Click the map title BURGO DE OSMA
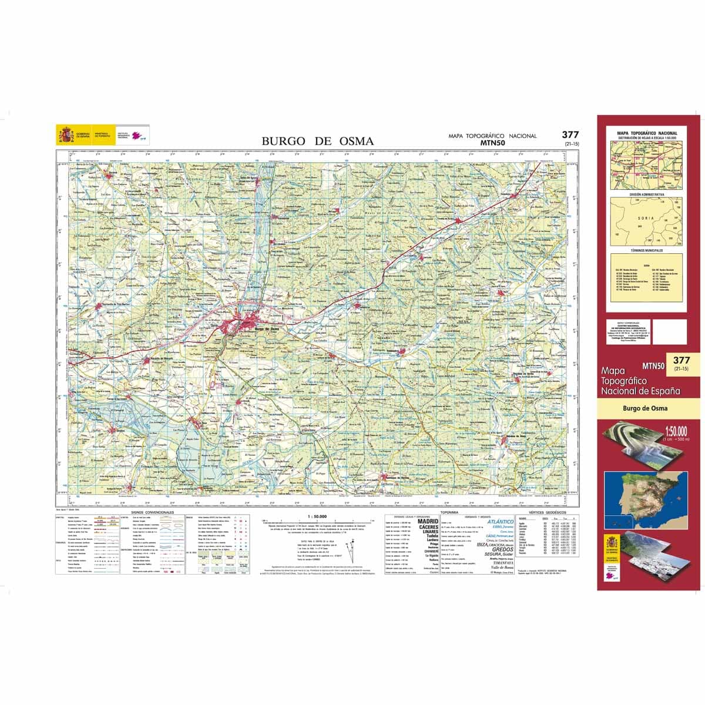pyautogui.click(x=317, y=141)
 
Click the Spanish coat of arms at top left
pyautogui.click(x=64, y=135)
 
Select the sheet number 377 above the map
pyautogui.click(x=570, y=135)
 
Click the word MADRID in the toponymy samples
pyautogui.click(x=428, y=521)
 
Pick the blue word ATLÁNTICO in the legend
pyautogui.click(x=500, y=521)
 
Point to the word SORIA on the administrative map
pyautogui.click(x=643, y=218)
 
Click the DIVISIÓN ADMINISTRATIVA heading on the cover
pyautogui.click(x=646, y=194)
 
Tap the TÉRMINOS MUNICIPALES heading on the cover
pyautogui.click(x=646, y=250)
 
